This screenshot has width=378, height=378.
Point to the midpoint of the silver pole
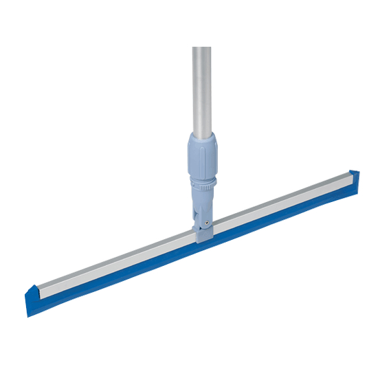pyautogui.click(x=201, y=89)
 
